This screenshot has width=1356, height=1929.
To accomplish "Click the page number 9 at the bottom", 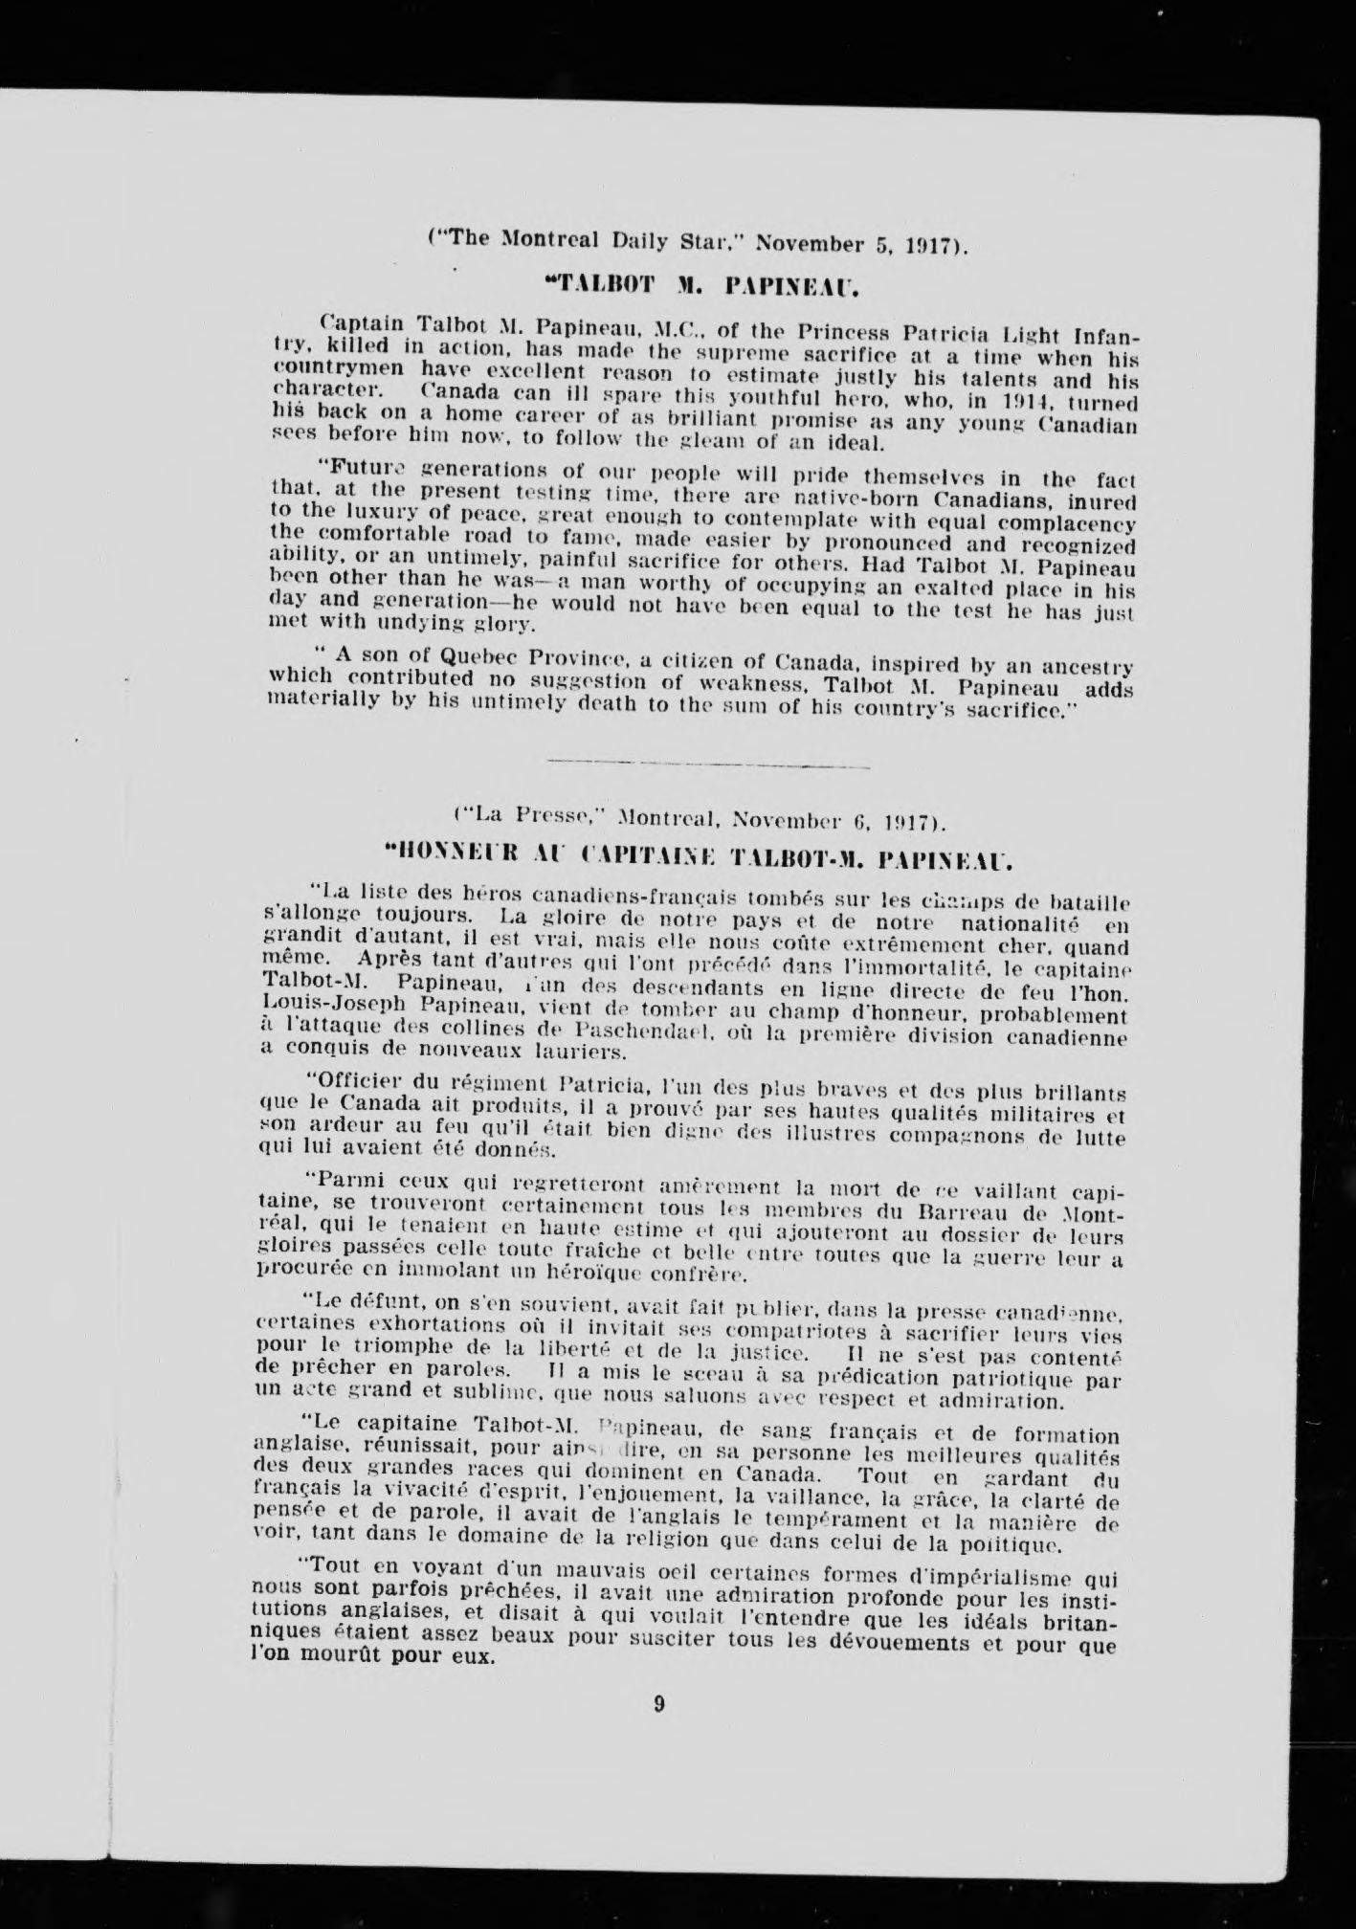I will point(659,1703).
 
